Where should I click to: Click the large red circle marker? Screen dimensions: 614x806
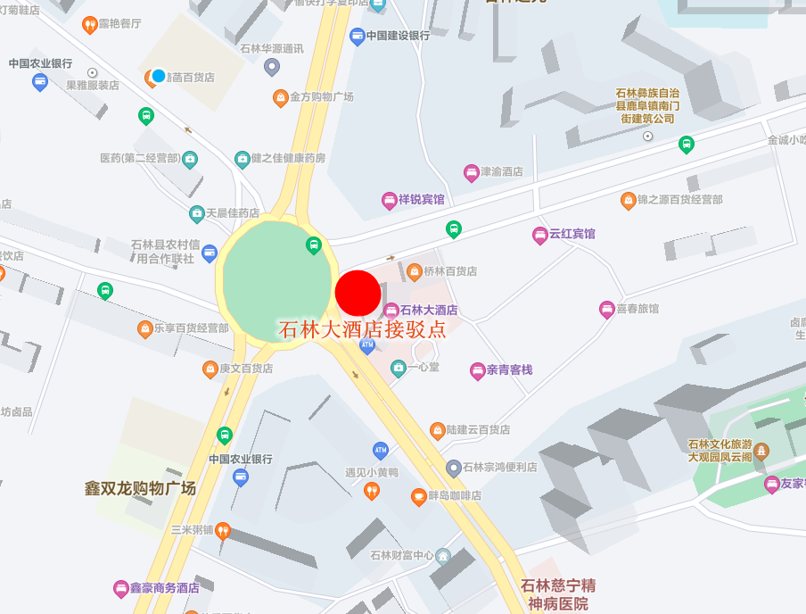(358, 293)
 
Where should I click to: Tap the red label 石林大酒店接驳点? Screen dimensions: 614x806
(362, 329)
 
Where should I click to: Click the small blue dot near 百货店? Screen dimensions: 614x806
(159, 76)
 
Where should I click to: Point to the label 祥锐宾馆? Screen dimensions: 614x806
(421, 200)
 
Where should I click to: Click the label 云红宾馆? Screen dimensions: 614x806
(572, 235)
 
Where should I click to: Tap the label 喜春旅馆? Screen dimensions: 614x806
(637, 309)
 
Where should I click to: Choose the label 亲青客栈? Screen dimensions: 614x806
(509, 369)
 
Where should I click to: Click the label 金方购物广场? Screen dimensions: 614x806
(322, 96)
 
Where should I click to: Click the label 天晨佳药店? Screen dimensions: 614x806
(233, 214)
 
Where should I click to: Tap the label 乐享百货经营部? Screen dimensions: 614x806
(191, 328)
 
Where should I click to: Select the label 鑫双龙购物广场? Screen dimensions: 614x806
(140, 488)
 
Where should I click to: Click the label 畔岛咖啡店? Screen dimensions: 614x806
(456, 495)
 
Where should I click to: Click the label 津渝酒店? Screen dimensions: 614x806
(502, 172)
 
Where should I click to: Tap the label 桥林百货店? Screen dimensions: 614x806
(450, 271)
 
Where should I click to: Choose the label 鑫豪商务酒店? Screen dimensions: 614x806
(164, 588)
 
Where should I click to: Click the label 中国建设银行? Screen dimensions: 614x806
(397, 36)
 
